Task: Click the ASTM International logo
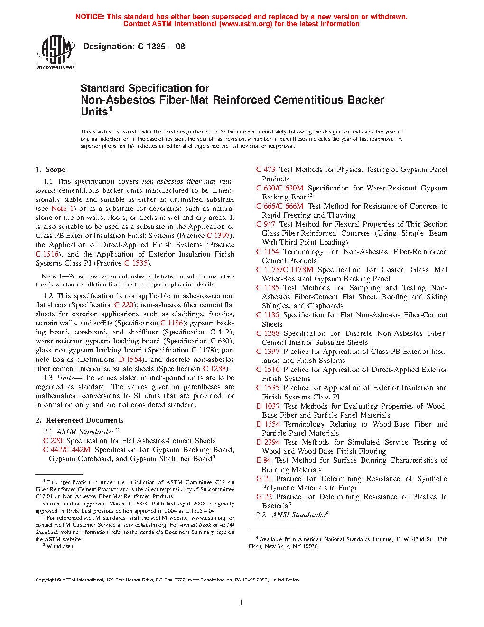(56, 52)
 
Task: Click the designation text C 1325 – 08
(134, 47)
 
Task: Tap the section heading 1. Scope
(50, 170)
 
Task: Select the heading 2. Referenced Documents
(79, 420)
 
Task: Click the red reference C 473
(266, 170)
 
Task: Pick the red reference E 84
(264, 460)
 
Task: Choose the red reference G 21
(264, 479)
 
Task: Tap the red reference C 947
(266, 224)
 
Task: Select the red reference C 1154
(268, 252)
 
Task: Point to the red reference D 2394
(268, 442)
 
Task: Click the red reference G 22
(264, 497)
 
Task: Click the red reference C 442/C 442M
(66, 450)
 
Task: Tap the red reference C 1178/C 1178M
(285, 270)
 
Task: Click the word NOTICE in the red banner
(90, 17)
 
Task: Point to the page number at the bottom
(242, 603)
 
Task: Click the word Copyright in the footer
(46, 580)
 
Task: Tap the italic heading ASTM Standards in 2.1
(84, 432)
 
